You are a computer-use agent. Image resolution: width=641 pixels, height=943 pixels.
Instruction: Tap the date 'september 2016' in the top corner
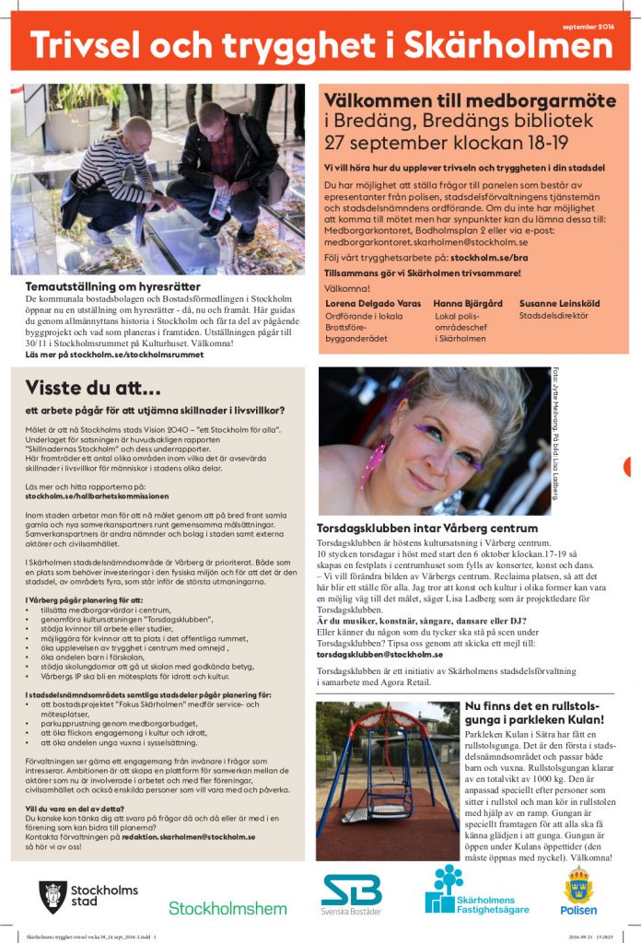tap(588, 26)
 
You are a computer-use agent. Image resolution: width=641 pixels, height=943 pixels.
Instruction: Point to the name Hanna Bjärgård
tap(468, 302)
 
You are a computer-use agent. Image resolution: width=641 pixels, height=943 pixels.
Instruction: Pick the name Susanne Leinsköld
tap(558, 302)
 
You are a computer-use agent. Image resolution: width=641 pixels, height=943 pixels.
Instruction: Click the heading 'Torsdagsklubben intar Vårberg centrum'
tap(426, 529)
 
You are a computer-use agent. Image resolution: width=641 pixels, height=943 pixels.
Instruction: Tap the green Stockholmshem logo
tap(227, 908)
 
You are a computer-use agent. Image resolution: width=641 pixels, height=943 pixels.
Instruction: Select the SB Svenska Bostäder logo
tap(351, 894)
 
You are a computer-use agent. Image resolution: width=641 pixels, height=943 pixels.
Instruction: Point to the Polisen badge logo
tap(578, 891)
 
